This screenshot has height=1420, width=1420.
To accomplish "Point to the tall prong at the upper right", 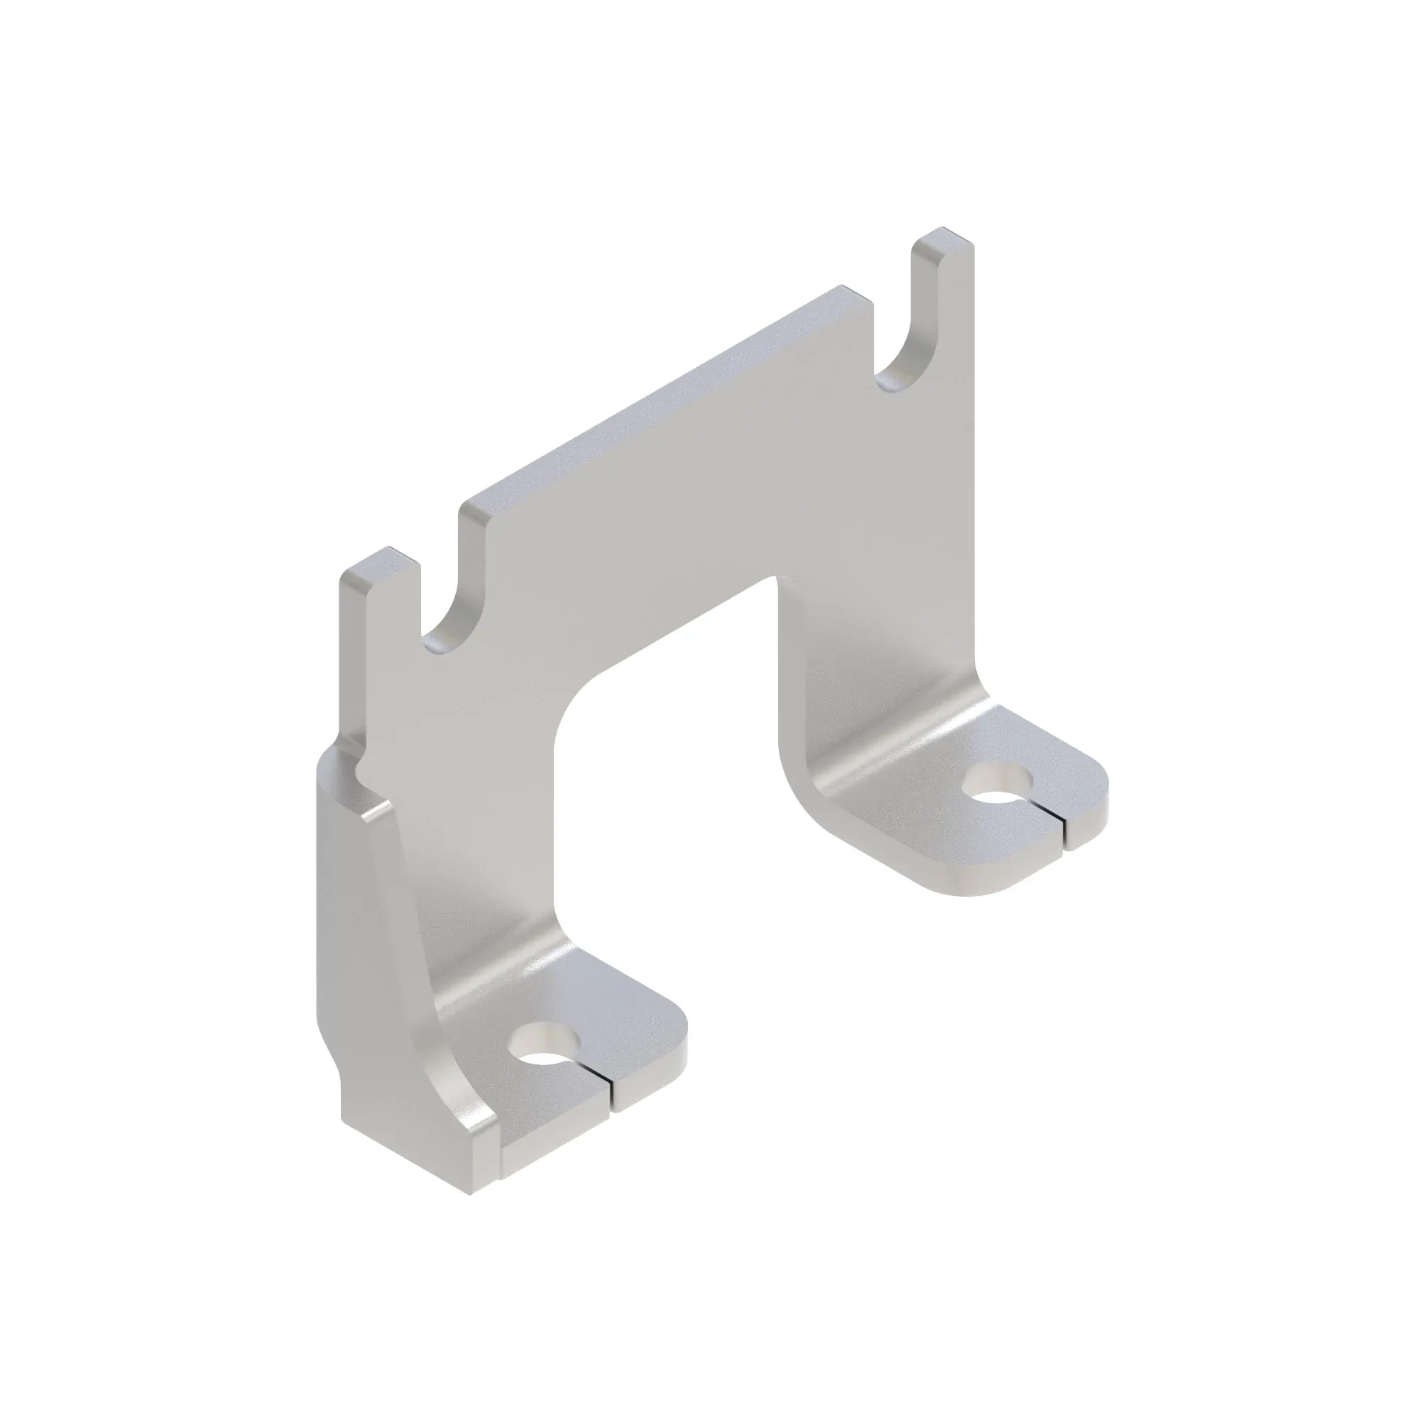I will [944, 294].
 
